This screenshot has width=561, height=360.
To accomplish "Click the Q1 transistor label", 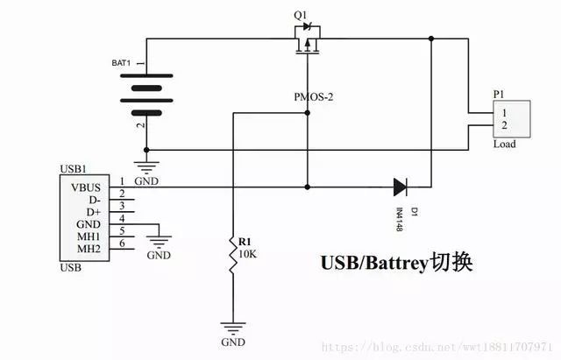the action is (x=301, y=16).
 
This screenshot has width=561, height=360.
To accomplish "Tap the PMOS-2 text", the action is (x=314, y=97).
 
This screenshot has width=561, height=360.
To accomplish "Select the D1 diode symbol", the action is (x=400, y=187).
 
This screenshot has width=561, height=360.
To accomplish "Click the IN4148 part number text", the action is (x=400, y=219).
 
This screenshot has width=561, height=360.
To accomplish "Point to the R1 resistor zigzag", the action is (x=233, y=255).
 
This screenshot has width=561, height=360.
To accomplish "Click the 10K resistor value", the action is (x=247, y=254).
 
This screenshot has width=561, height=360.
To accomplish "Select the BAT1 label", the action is (x=121, y=63).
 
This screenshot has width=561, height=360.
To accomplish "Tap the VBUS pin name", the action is (x=86, y=187).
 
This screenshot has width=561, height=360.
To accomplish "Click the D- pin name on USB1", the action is (x=95, y=200).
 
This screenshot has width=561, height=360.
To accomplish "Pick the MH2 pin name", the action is (x=89, y=249).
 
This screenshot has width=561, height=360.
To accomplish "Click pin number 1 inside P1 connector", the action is (x=504, y=113).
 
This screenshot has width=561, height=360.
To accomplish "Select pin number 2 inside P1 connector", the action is (x=504, y=125).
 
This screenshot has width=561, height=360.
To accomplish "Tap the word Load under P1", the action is (x=505, y=144).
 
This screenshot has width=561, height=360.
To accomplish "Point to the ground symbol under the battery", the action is (x=146, y=167).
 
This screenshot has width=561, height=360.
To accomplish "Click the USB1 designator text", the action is (x=74, y=169).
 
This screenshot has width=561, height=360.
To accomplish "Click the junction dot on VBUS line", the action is (x=307, y=187).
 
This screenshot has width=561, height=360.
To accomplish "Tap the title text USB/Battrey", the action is (x=374, y=264).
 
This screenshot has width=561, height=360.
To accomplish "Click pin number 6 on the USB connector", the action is (x=122, y=244).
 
